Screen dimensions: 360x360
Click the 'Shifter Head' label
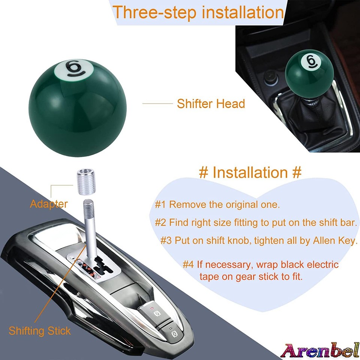(211, 103)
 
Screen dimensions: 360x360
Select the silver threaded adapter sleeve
(84, 182)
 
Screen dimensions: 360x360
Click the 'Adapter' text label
(49, 204)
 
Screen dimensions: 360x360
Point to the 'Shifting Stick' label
(40, 331)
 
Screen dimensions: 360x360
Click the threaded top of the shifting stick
(88, 206)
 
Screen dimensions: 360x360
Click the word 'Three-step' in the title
(154, 12)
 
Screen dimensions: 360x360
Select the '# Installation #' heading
(250, 172)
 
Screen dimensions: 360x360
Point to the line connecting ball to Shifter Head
(157, 103)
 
